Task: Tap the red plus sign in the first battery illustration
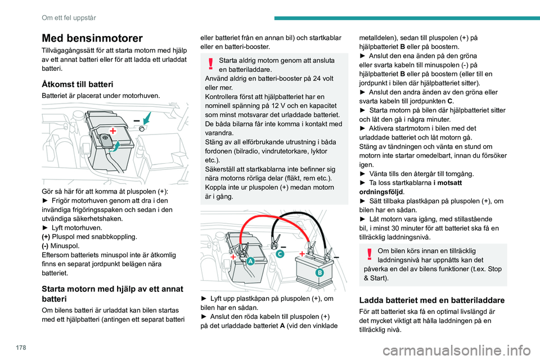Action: [112, 131]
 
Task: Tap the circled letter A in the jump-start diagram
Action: [249, 262]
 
